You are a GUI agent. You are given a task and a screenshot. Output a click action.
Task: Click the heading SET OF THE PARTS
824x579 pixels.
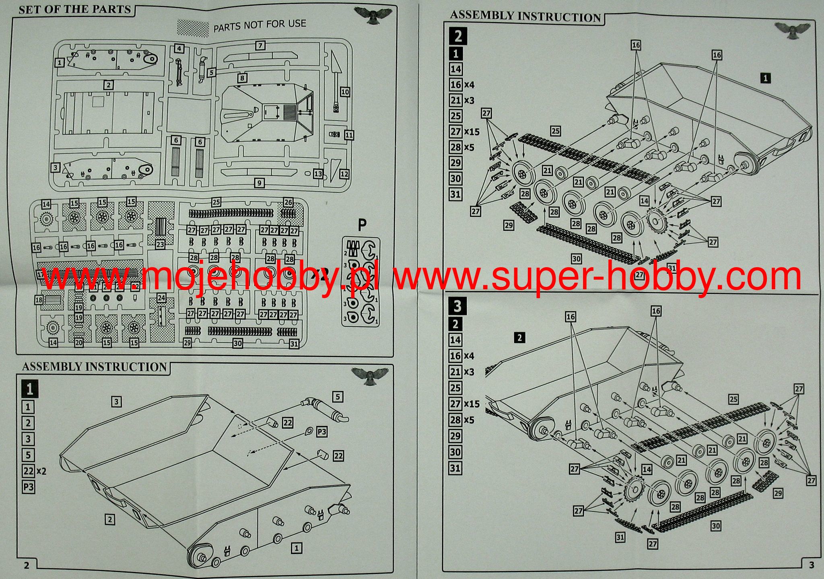(x=75, y=9)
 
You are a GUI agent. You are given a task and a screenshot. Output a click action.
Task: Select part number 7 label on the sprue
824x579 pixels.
(x=260, y=45)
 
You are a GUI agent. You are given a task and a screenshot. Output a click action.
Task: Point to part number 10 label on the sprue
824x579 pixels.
(x=345, y=92)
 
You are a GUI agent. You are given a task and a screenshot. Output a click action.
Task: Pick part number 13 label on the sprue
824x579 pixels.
(x=318, y=174)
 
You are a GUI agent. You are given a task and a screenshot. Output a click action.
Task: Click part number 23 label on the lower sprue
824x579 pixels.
(x=160, y=244)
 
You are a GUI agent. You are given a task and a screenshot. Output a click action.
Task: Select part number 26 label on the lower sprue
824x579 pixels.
(x=288, y=202)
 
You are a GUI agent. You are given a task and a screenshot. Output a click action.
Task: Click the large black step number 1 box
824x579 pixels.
(x=29, y=389)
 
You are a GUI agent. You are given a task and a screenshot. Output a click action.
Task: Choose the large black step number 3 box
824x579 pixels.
(x=457, y=306)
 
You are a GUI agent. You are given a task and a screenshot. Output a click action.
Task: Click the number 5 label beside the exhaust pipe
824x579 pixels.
(x=338, y=397)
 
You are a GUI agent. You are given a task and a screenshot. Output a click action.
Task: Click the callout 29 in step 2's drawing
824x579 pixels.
(x=509, y=225)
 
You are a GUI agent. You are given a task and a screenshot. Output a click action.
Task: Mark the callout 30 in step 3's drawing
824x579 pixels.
(x=715, y=525)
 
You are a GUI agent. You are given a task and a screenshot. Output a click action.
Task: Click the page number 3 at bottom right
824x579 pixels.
(x=811, y=565)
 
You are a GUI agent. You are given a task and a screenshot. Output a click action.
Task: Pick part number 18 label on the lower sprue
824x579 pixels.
(x=39, y=300)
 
